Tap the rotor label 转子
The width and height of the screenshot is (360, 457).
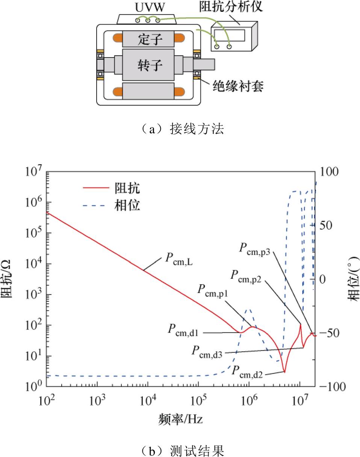point(150,65)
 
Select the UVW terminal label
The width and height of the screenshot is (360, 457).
point(150,8)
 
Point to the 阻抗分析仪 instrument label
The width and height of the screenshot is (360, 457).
point(231,7)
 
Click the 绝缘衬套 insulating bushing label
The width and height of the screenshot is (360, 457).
point(238,86)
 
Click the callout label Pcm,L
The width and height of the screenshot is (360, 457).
point(179,259)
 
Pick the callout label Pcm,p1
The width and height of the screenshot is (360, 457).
point(213,291)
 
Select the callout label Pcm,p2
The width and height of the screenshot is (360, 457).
point(246,277)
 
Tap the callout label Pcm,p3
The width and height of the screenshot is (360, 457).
point(255,249)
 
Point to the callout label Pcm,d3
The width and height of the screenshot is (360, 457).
point(207,352)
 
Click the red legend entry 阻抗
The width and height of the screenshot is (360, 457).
point(127,188)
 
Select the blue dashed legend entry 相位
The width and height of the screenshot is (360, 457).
point(127,205)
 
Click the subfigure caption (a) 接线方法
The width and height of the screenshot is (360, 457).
point(182,129)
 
